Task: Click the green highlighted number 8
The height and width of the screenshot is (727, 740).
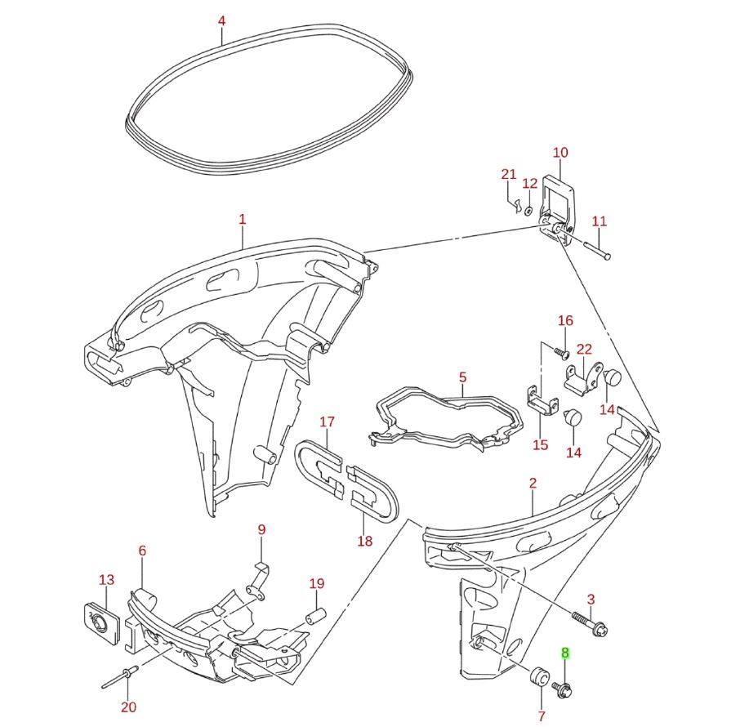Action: click(564, 653)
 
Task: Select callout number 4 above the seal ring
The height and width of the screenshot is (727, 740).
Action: click(222, 20)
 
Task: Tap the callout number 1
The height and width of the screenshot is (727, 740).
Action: click(242, 219)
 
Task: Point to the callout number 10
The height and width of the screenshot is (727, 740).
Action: click(560, 152)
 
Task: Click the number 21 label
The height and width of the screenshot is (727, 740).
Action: click(509, 174)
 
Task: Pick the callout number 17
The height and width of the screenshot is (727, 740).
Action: click(327, 422)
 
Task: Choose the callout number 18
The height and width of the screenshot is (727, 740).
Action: click(364, 541)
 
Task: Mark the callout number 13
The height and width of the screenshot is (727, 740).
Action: click(107, 580)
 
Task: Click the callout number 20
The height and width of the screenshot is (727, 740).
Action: click(129, 707)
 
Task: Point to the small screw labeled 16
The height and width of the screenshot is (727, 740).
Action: click(560, 352)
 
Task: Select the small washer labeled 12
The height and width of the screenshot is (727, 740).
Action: click(528, 211)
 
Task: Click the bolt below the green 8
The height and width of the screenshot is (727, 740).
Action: click(562, 689)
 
